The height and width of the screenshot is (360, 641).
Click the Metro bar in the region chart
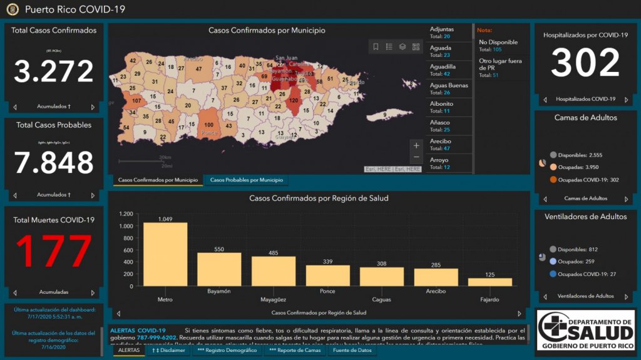coord(165,254)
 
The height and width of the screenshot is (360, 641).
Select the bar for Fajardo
coord(490,282)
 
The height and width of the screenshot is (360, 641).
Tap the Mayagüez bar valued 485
coord(274,271)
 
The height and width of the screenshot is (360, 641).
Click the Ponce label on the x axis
coord(327,291)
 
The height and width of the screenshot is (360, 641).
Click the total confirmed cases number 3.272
coord(54,71)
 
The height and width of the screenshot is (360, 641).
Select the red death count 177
coord(54,252)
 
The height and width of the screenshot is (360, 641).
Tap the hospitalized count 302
coord(585,63)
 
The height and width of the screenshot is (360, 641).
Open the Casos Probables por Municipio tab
coord(246,180)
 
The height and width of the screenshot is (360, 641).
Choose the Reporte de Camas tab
coord(295,350)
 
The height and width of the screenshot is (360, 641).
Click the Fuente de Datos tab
coord(352,350)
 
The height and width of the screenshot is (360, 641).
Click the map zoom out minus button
coord(416,157)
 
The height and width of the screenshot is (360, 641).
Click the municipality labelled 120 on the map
coord(294,100)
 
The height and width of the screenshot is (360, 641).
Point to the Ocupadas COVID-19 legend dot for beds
coord(553,180)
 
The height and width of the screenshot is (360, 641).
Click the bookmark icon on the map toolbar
coord(376,46)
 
